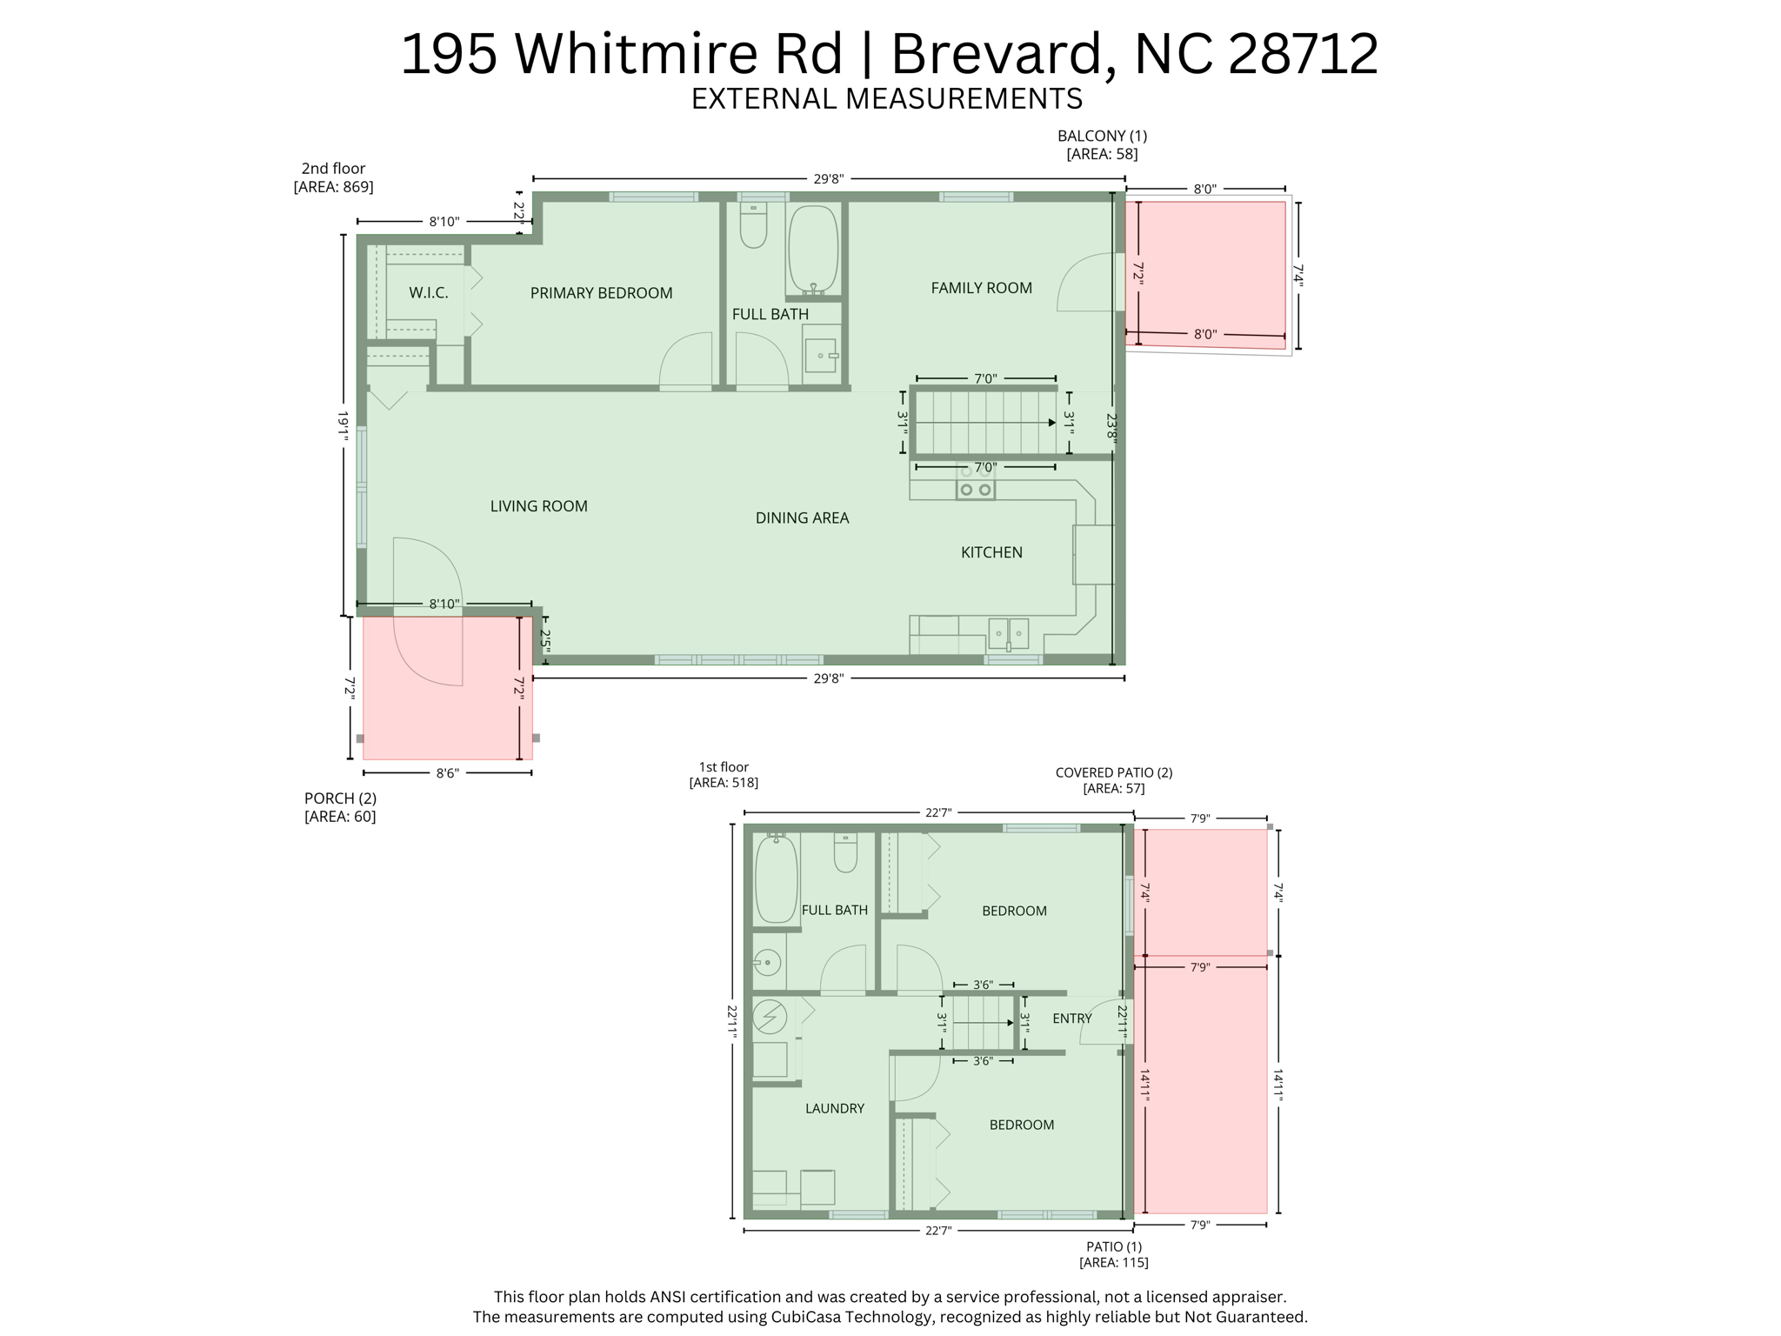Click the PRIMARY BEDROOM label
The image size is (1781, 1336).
601,293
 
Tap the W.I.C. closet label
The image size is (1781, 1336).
429,293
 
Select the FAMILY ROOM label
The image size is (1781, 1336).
981,288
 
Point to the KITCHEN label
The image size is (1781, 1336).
991,552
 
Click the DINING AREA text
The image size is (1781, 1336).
802,518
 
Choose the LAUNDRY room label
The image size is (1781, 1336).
834,1108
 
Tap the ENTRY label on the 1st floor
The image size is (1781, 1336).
1071,1019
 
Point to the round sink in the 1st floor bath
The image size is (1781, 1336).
768,962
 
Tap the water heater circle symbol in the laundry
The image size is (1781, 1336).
770,1016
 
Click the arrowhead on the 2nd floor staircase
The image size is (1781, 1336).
1051,423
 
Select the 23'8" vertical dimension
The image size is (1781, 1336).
1111,428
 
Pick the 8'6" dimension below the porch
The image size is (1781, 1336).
447,772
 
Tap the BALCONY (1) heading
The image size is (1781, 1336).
1102,136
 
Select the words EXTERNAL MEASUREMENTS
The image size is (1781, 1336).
886,99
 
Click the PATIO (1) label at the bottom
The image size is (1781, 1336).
1113,1246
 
